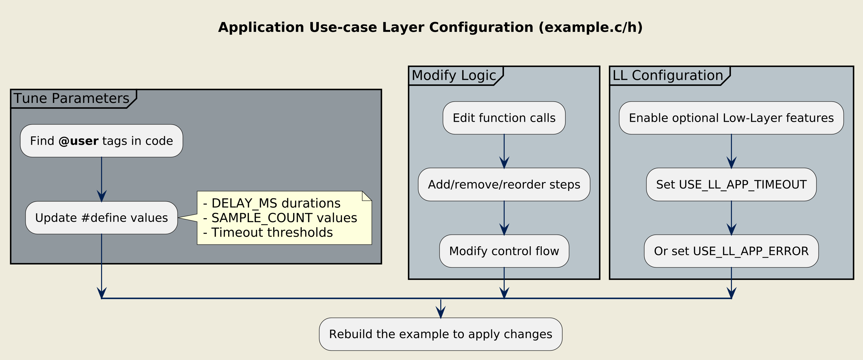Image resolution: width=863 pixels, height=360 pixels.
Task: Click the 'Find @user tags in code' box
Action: pyautogui.click(x=101, y=141)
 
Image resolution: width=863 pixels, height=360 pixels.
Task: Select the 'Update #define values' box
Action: pyautogui.click(x=101, y=218)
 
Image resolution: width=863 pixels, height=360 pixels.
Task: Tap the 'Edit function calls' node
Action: pyautogui.click(x=504, y=118)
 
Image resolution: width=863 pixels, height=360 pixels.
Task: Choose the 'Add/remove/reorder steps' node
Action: pyautogui.click(x=504, y=184)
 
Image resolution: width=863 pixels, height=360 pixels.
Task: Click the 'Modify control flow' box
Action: pyautogui.click(x=504, y=251)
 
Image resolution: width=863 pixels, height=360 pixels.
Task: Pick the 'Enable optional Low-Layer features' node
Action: pyautogui.click(x=731, y=118)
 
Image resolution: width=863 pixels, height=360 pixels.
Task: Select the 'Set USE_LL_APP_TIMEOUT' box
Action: pyautogui.click(x=731, y=184)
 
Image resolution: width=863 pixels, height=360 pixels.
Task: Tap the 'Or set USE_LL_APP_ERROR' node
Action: pyautogui.click(x=731, y=251)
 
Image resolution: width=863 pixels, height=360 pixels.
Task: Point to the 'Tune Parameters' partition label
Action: pyautogui.click(x=71, y=99)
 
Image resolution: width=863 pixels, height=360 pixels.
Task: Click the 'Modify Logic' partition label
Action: pyautogui.click(x=454, y=75)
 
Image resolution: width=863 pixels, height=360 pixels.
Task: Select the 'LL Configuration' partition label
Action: pyautogui.click(x=668, y=75)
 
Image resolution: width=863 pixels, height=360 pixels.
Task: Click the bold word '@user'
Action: pyautogui.click(x=79, y=141)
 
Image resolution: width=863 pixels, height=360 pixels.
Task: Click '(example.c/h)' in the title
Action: pyautogui.click(x=590, y=28)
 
